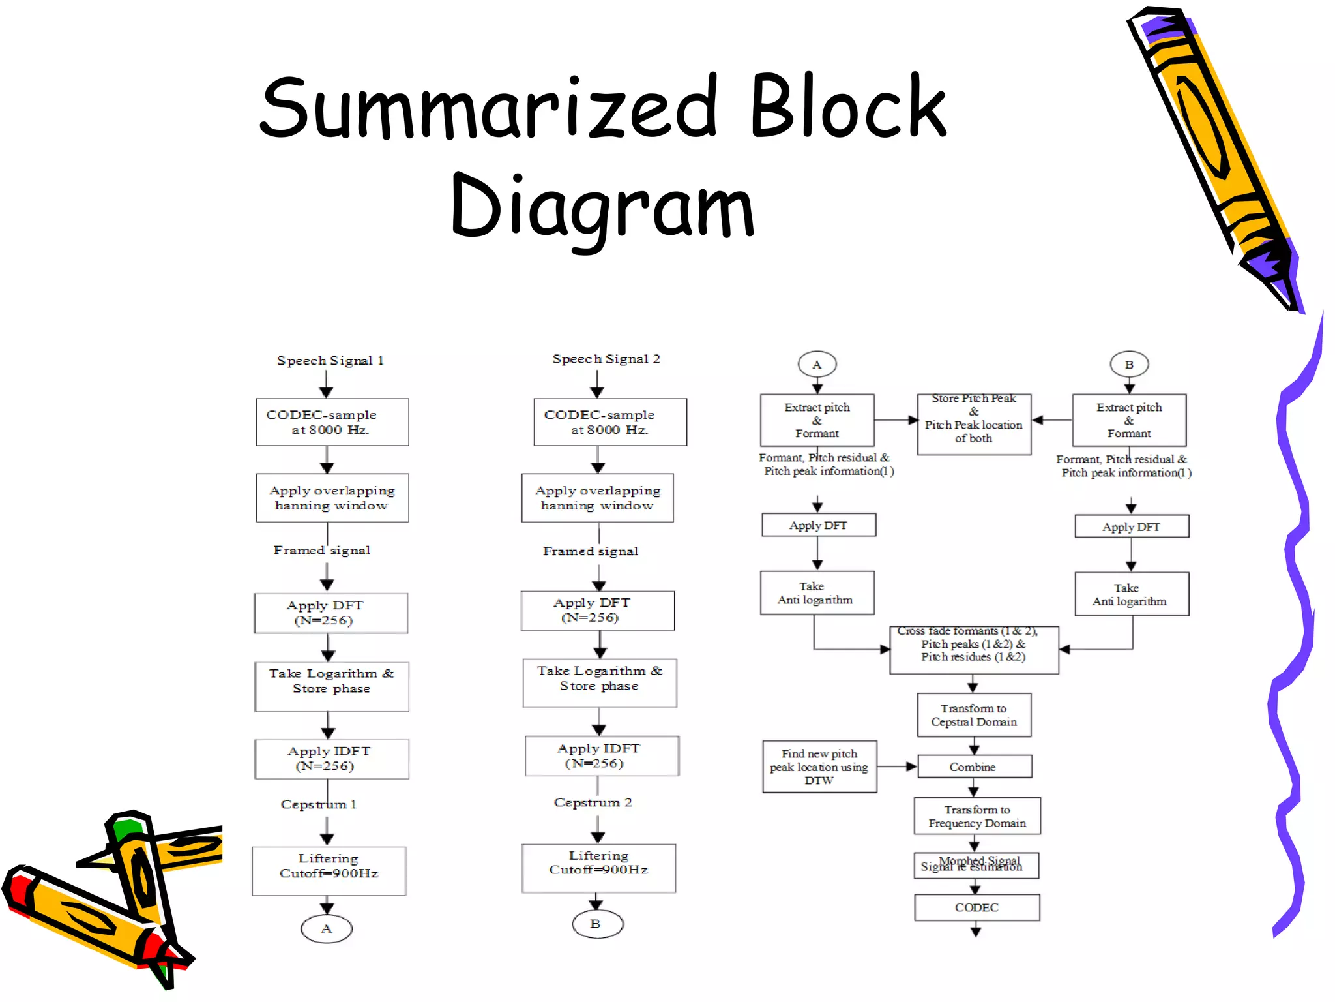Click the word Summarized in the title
(x=489, y=108)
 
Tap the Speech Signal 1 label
(x=330, y=361)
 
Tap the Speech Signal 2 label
(x=606, y=359)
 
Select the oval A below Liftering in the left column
(x=327, y=928)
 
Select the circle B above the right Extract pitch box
(x=1129, y=365)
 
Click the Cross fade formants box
(x=973, y=650)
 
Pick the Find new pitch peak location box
(x=819, y=767)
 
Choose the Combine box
(x=974, y=767)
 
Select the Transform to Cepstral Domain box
(x=974, y=715)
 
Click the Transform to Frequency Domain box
(x=976, y=816)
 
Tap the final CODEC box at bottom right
(x=976, y=907)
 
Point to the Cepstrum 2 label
(x=593, y=802)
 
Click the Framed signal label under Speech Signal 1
(x=321, y=550)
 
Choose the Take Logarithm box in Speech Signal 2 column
(x=599, y=682)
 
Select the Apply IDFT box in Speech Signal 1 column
(x=331, y=759)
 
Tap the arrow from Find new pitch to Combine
(x=897, y=767)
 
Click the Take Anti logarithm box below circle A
(x=816, y=593)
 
